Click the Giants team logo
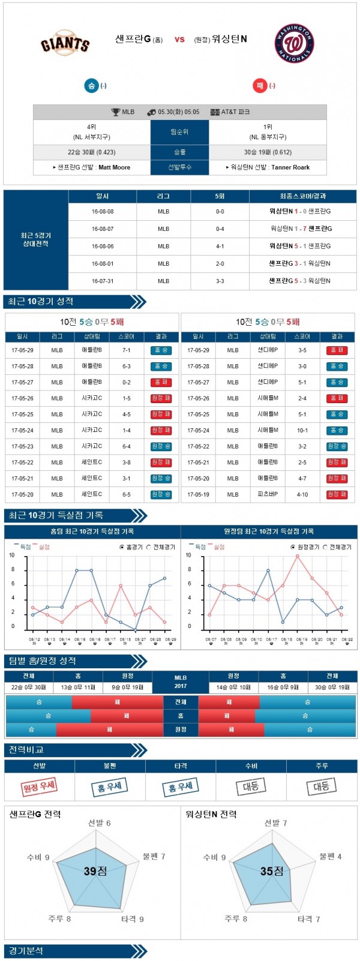click(65, 44)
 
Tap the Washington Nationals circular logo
click(294, 43)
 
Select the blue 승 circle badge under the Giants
click(91, 86)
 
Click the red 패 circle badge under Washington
click(260, 86)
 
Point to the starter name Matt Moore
click(114, 167)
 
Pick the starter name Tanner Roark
click(290, 167)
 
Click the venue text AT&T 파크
click(235, 112)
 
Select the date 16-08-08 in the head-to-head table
click(103, 211)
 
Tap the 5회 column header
click(220, 196)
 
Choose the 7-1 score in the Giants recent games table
click(126, 350)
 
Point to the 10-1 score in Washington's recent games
click(302, 430)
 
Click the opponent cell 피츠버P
click(268, 494)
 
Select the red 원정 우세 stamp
click(40, 786)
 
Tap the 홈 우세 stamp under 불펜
click(110, 786)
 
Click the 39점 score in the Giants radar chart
click(95, 871)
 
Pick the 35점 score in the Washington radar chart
click(271, 871)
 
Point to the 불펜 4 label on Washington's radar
click(330, 856)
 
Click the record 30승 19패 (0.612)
click(268, 152)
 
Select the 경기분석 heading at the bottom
click(26, 951)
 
